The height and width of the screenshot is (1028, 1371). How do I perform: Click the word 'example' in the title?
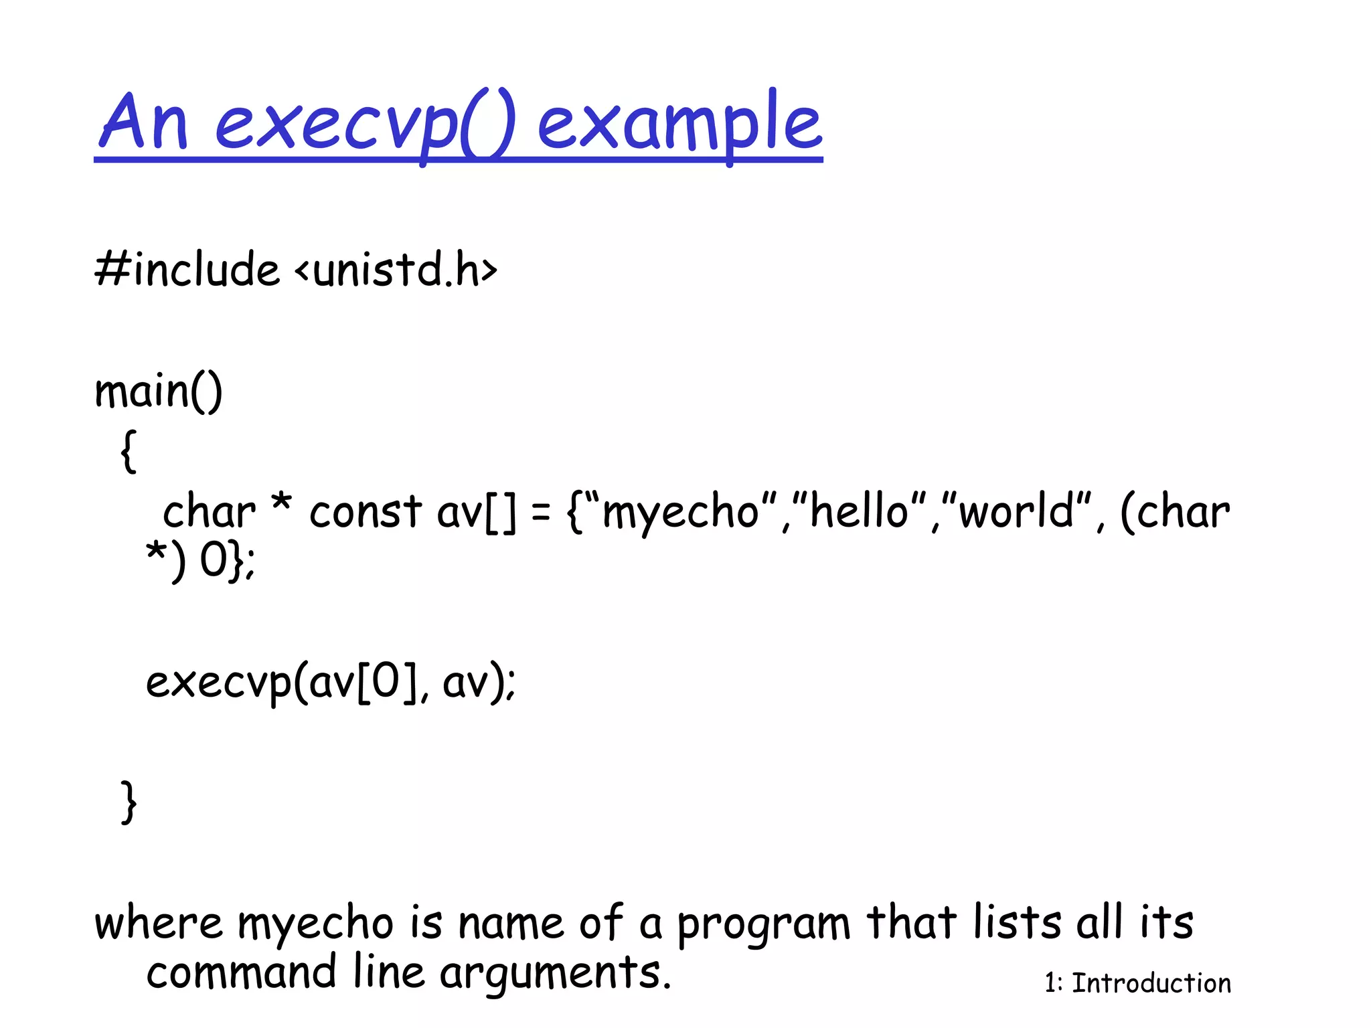[x=679, y=124]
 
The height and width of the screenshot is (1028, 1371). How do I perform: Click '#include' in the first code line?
[x=187, y=269]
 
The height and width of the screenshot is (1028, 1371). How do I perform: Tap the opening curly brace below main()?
[x=129, y=451]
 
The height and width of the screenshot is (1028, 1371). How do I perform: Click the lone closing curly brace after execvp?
[x=129, y=801]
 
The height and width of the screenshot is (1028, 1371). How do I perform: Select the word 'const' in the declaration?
[x=365, y=512]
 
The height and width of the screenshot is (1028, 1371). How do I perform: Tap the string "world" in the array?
[x=1016, y=512]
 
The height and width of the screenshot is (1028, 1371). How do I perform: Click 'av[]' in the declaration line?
[x=477, y=513]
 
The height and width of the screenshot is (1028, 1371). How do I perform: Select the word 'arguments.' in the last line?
[x=555, y=974]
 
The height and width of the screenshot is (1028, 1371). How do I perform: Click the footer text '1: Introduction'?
[x=1137, y=983]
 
